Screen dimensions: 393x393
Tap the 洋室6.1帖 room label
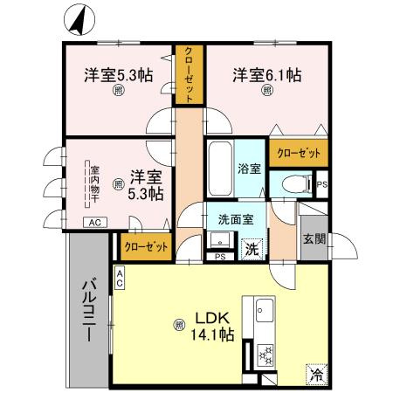point(266,76)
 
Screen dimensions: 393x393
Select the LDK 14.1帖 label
point(214,324)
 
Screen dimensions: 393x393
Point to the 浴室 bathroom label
point(249,169)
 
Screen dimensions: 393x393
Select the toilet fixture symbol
point(294,184)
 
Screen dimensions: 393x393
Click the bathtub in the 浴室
point(219,170)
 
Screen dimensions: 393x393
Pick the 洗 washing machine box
point(251,249)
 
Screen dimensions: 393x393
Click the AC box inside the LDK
point(120,279)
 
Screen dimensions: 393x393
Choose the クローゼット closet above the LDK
point(144,247)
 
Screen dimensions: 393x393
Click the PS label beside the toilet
point(322,185)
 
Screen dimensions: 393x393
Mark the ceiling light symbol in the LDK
point(179,326)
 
